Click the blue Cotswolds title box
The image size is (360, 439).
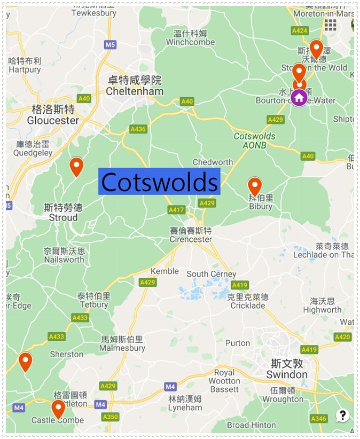point(160,182)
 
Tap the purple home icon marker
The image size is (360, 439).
point(299,97)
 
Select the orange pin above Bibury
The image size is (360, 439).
point(255,186)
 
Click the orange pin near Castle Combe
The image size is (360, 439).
point(58,409)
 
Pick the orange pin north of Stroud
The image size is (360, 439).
point(76,166)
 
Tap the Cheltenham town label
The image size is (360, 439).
point(134,91)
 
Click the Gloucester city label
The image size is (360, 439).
point(53,120)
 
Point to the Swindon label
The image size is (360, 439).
point(287,374)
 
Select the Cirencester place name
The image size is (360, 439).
point(191,239)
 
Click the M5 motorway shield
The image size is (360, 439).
point(110,45)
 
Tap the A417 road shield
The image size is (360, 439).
point(176,210)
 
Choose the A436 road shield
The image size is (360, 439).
point(138,129)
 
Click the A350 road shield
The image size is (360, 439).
point(111,417)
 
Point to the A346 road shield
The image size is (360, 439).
point(318,418)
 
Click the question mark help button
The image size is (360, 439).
point(342,415)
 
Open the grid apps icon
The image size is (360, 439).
point(330,25)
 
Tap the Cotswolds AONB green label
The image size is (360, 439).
point(255,140)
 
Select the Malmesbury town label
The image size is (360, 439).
point(123,348)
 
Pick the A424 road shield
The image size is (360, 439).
point(300,31)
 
